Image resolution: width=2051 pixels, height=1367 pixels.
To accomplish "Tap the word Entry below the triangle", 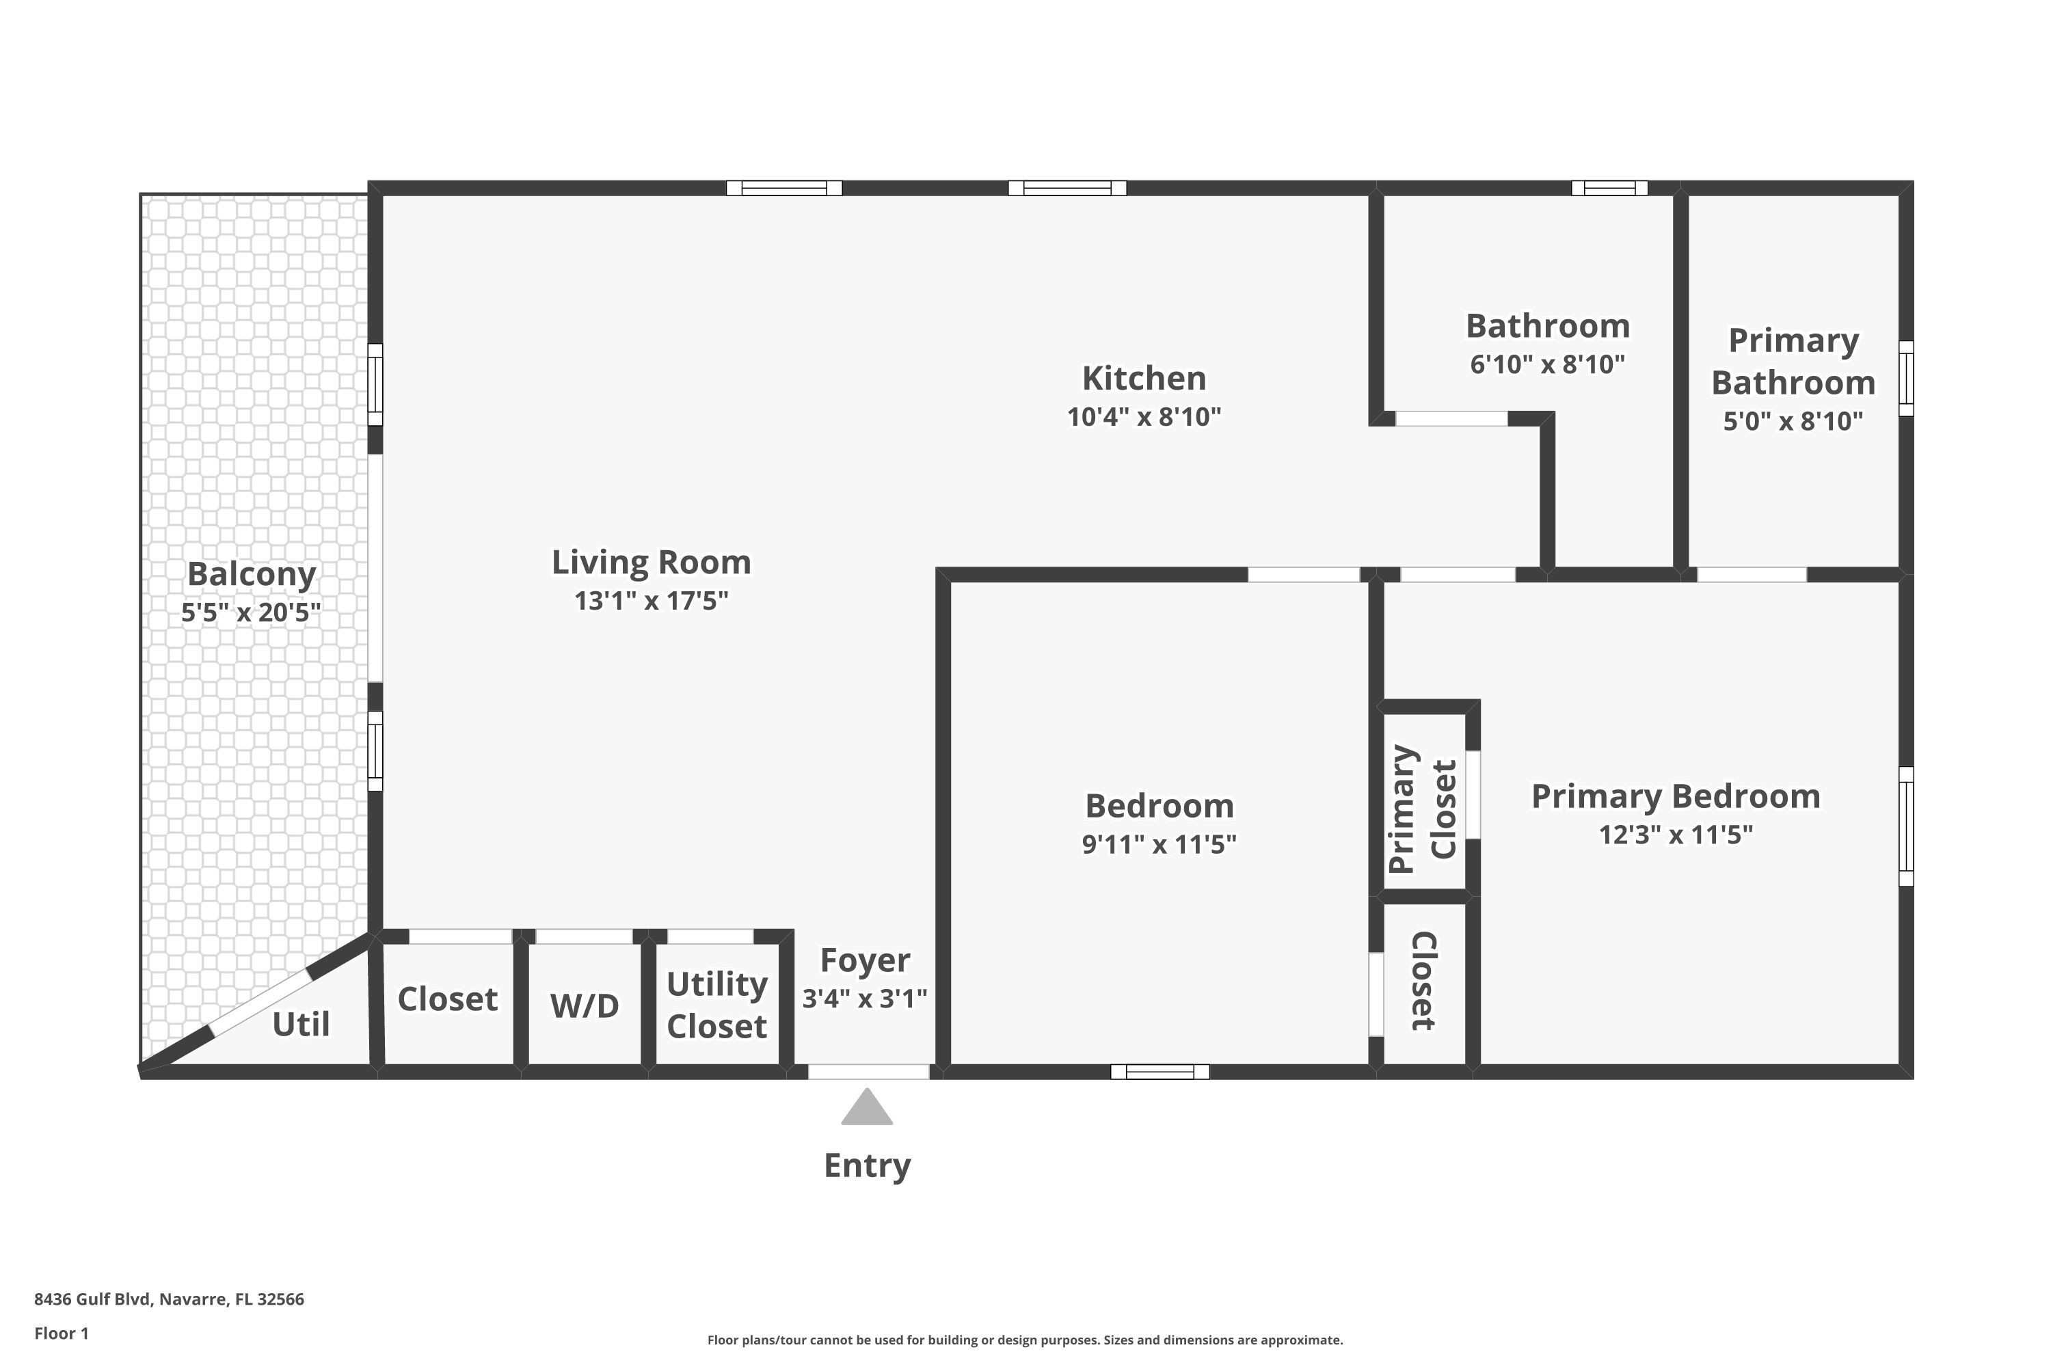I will pos(867,1165).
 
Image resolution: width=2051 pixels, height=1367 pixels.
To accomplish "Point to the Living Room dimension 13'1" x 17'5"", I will pos(652,601).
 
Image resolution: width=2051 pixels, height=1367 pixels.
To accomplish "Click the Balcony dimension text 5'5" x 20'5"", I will pos(251,613).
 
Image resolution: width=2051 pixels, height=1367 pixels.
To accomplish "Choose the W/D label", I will pos(585,1006).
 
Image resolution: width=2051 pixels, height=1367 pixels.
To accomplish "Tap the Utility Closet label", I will pos(716,1005).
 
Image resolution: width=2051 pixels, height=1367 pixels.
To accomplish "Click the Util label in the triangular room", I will pos(301,1025).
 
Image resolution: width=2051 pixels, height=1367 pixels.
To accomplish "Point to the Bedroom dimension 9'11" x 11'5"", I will pos(1159,845).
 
